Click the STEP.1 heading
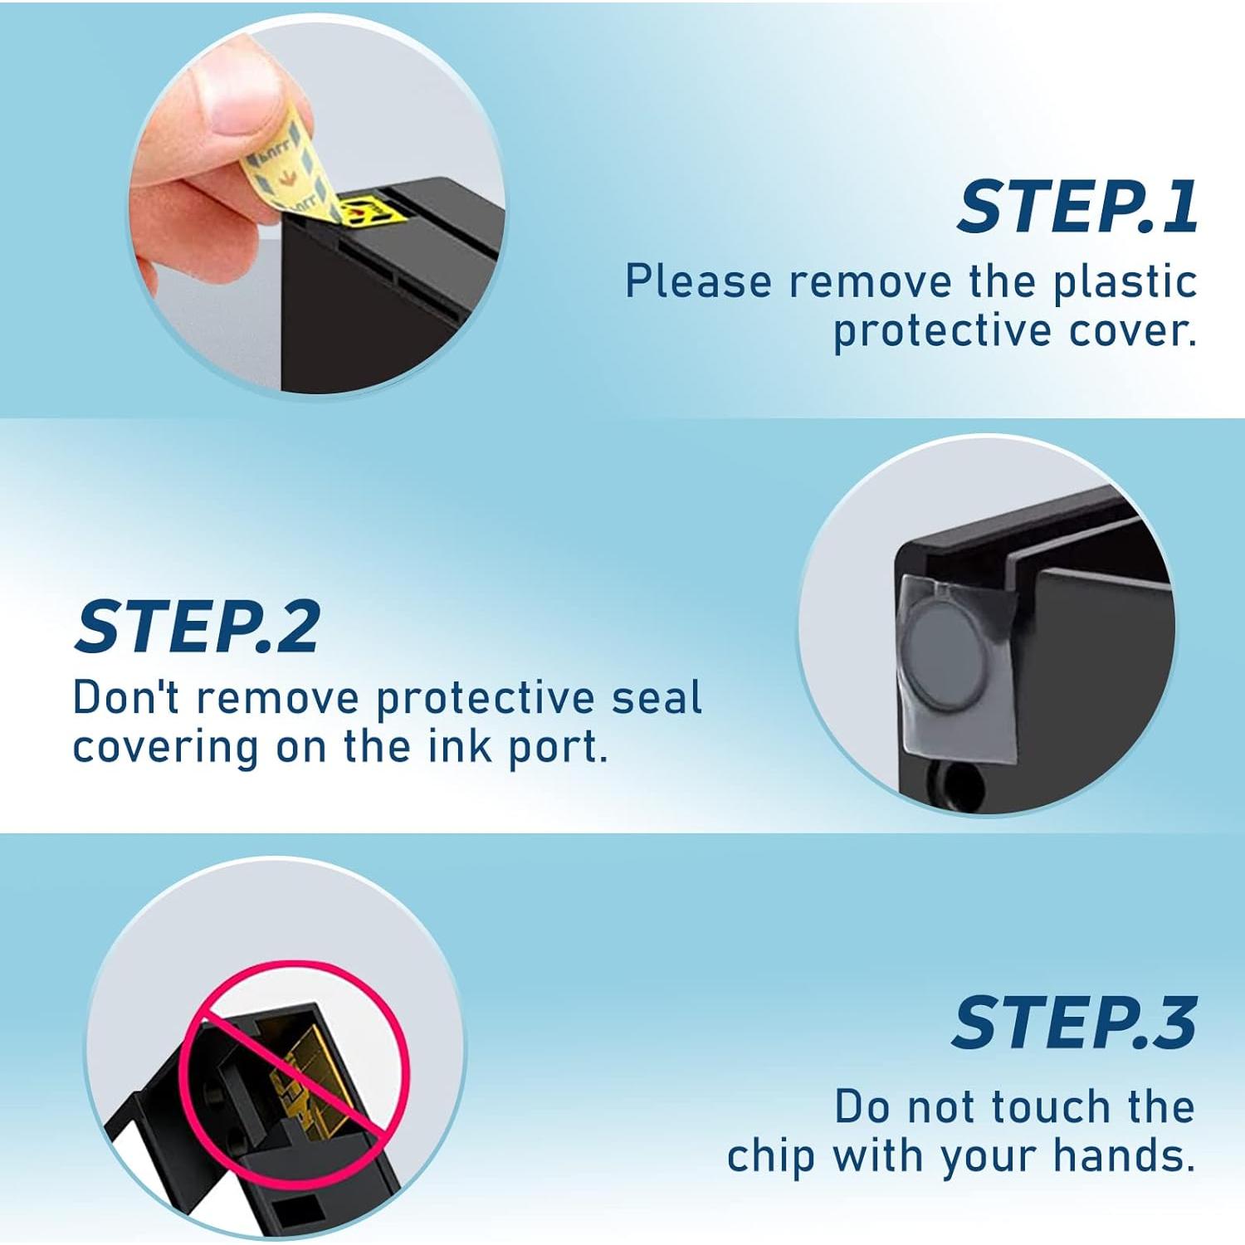click(x=1077, y=207)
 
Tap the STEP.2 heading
click(x=198, y=627)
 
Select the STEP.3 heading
click(x=1074, y=1023)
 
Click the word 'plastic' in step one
click(x=1125, y=282)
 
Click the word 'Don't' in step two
click(x=125, y=697)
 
